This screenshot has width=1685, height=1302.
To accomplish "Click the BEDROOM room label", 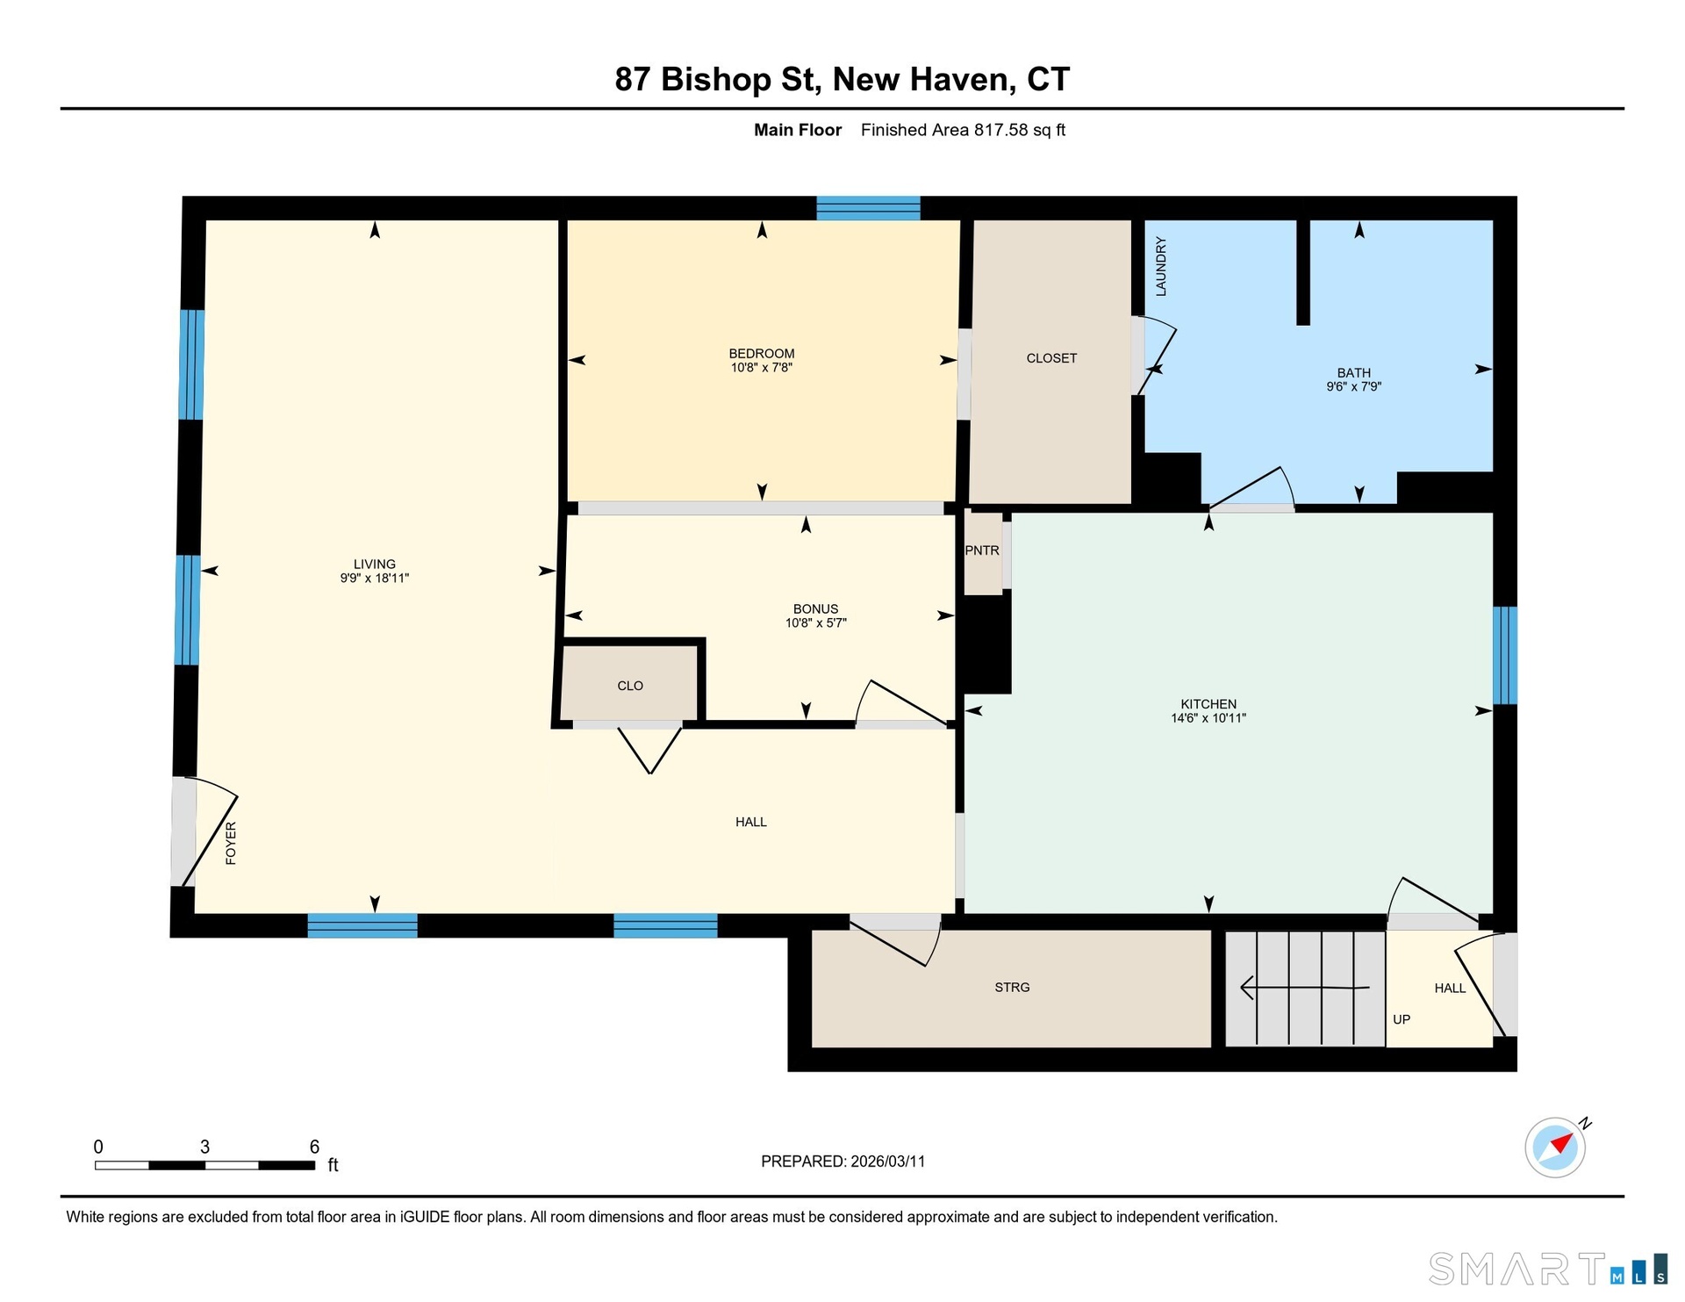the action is point(762,354).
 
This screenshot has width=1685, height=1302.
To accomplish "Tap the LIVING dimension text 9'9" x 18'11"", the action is point(375,579).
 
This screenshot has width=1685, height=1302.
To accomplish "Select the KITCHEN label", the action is point(1208,704).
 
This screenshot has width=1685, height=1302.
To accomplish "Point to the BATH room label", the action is point(1354,373).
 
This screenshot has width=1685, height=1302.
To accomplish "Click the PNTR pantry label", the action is point(982,550).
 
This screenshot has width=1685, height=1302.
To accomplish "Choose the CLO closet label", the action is point(630,686).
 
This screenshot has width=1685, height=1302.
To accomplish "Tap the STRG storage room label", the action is point(1012,988).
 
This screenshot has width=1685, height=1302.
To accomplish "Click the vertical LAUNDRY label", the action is point(1161,266).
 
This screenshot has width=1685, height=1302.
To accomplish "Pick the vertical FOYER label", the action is point(231,843).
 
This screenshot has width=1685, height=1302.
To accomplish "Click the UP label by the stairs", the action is point(1402,1019).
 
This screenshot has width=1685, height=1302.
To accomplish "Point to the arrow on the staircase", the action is point(1304,988).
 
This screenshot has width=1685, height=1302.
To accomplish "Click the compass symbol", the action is point(1556,1147).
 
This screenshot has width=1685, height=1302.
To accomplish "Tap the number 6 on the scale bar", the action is point(314,1147).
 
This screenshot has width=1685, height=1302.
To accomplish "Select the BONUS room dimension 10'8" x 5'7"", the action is point(816,623).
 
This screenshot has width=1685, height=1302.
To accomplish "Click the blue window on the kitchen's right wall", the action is point(1505,655).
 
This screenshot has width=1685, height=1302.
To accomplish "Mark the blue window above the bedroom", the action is point(868,208).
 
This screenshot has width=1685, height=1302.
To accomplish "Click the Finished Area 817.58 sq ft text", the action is point(963,130).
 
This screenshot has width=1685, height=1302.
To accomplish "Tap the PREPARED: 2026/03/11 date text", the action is point(843,1162).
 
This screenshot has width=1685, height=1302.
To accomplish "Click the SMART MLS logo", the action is point(1548,1269).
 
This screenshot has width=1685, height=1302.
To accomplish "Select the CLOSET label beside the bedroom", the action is point(1051,358).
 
